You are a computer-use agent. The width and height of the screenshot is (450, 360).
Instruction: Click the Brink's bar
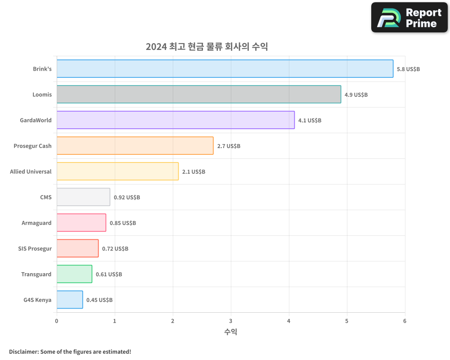click(x=225, y=69)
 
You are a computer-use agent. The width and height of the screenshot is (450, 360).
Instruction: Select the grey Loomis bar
click(x=198, y=94)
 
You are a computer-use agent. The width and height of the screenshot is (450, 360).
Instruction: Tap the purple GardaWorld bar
click(x=175, y=120)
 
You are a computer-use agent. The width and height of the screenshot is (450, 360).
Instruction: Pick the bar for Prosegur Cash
click(x=135, y=146)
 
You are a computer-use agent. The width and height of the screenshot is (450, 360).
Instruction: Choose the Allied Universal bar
click(x=117, y=171)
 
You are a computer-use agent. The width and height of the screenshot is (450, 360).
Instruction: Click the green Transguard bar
click(x=74, y=274)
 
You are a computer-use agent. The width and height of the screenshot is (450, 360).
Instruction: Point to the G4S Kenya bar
click(x=70, y=300)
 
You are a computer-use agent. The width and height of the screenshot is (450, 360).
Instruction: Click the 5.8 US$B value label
click(x=408, y=69)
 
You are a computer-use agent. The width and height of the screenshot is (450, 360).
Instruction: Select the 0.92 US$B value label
click(x=126, y=198)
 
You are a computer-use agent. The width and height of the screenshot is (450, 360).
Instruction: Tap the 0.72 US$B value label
click(x=115, y=249)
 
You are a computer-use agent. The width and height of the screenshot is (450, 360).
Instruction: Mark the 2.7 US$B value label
click(x=229, y=146)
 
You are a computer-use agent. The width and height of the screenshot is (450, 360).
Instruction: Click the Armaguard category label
click(x=36, y=223)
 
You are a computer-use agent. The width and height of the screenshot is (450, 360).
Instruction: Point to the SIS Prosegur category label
click(x=35, y=248)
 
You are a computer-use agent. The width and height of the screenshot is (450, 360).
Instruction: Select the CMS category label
click(x=45, y=197)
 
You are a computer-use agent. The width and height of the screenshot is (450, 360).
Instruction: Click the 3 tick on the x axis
click(x=231, y=321)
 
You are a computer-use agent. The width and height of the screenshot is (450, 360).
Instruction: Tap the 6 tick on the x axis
click(x=405, y=321)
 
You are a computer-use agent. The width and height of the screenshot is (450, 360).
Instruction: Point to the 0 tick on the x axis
click(x=57, y=321)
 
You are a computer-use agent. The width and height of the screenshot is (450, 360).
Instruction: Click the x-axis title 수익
click(x=230, y=332)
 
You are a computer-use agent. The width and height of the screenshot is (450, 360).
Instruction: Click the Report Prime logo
click(x=409, y=18)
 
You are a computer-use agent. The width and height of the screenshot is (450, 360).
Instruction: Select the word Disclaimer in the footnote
click(x=23, y=351)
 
